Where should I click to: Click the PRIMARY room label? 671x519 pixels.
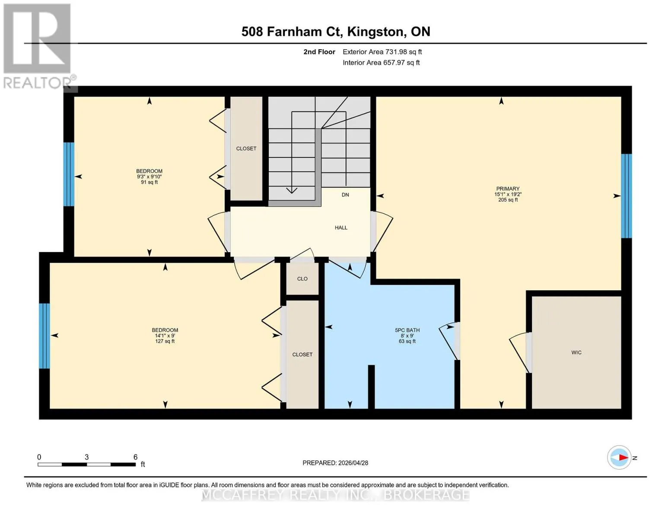pyautogui.click(x=508, y=189)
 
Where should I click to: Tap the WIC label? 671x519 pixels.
pyautogui.click(x=576, y=352)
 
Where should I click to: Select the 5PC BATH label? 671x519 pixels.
pyautogui.click(x=407, y=330)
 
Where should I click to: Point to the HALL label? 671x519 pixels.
pyautogui.click(x=341, y=227)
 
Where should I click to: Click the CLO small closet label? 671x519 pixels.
pyautogui.click(x=302, y=279)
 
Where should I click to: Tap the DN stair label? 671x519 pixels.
pyautogui.click(x=345, y=195)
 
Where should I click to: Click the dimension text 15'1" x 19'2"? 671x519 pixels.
pyautogui.click(x=508, y=195)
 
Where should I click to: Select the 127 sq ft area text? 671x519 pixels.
pyautogui.click(x=165, y=341)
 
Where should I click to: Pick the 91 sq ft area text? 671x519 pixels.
pyautogui.click(x=149, y=183)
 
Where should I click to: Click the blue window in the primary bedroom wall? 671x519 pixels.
pyautogui.click(x=626, y=196)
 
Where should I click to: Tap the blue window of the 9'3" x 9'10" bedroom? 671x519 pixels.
pyautogui.click(x=69, y=174)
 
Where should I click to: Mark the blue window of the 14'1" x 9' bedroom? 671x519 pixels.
pyautogui.click(x=45, y=336)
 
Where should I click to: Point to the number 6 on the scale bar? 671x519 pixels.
pyautogui.click(x=135, y=457)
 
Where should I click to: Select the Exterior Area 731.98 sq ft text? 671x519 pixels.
pyautogui.click(x=382, y=52)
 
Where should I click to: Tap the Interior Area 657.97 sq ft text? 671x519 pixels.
pyautogui.click(x=381, y=62)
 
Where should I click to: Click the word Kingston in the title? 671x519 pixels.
pyautogui.click(x=375, y=32)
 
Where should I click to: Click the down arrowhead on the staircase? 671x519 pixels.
pyautogui.click(x=292, y=190)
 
